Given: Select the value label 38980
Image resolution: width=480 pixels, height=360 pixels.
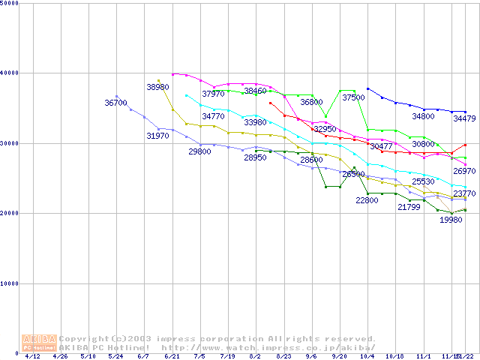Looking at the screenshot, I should pos(157,87).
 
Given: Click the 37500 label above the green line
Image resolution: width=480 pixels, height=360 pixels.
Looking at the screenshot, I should pos(353,97).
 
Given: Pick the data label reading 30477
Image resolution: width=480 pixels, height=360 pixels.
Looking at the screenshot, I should pos(381,146).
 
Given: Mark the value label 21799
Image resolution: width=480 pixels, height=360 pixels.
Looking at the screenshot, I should pos(409,206).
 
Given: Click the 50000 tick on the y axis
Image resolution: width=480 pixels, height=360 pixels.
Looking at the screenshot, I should pos(10,3).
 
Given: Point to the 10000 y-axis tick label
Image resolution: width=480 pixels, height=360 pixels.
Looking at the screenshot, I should pos(10,283).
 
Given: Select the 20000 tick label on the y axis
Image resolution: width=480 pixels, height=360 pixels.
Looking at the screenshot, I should pos(10,213).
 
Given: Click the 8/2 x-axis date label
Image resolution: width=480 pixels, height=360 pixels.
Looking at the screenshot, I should pos(256,357).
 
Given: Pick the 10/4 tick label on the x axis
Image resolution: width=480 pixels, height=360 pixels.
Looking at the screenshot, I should pos(367,357).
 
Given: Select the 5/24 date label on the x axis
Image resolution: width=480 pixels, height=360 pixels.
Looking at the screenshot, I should pos(116,357).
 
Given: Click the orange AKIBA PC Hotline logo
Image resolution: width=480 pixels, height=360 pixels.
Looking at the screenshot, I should pos(40,343).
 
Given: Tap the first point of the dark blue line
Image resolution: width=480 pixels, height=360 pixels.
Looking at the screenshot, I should pos(367,88).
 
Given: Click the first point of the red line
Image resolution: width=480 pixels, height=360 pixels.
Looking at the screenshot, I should pos(270,103).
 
